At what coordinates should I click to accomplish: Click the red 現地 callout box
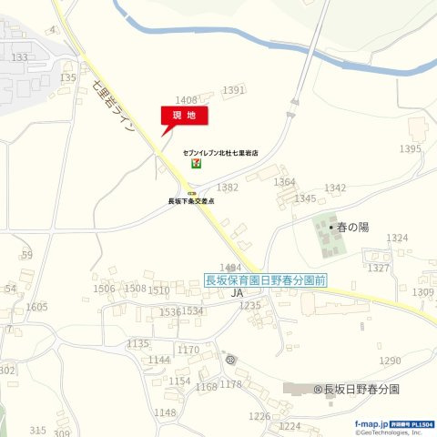click(x=185, y=115)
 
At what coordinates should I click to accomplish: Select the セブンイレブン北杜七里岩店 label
click(x=220, y=155)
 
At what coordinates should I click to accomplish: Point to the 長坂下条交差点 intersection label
click(x=191, y=201)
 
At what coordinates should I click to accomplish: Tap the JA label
click(x=238, y=293)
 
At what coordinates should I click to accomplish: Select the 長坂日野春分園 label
click(x=361, y=389)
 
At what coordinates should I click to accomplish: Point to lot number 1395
click(x=411, y=148)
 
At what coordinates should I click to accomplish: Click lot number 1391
click(x=234, y=90)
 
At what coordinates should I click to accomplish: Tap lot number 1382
click(x=227, y=187)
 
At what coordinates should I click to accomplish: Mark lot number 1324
click(x=397, y=238)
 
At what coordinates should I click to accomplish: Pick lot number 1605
click(x=36, y=307)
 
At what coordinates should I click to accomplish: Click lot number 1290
click(x=390, y=361)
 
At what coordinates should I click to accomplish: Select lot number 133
click(x=19, y=57)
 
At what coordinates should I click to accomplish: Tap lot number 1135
click(x=137, y=343)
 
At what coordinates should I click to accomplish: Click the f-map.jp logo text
click(x=371, y=424)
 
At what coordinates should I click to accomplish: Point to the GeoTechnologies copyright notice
click(x=389, y=432)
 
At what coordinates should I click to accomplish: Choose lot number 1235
click(x=250, y=306)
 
